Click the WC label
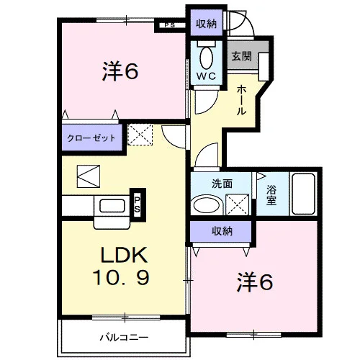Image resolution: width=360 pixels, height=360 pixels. click(x=206, y=76)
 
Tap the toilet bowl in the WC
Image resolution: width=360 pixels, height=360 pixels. click(x=207, y=58)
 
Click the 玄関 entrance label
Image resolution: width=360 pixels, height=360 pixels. click(x=241, y=57)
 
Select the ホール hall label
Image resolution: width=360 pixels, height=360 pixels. click(x=241, y=100)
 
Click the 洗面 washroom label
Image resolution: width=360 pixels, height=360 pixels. click(x=222, y=184)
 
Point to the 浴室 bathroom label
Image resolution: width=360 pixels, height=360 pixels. click(x=271, y=195)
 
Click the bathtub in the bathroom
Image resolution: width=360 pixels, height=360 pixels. click(x=303, y=194)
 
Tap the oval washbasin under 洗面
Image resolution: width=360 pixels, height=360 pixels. click(x=206, y=204)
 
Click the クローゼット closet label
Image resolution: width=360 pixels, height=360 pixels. click(x=91, y=138)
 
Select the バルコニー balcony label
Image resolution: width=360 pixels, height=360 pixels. click(x=124, y=338)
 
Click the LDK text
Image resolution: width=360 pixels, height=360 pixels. click(x=124, y=255)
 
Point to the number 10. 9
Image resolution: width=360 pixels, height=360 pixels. click(x=121, y=277)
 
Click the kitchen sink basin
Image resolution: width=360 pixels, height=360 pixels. click(x=112, y=206)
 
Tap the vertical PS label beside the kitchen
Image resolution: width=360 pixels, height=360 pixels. click(x=137, y=204)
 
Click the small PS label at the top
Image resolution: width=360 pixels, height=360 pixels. click(x=170, y=25)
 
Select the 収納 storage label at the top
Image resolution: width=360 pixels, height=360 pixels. click(x=206, y=24)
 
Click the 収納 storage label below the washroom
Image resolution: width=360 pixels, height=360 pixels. click(x=222, y=231)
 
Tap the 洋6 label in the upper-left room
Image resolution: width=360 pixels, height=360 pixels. click(x=120, y=71)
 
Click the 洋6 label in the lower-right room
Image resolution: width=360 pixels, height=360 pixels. click(x=255, y=282)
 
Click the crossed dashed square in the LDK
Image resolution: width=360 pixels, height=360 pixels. click(x=140, y=135)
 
